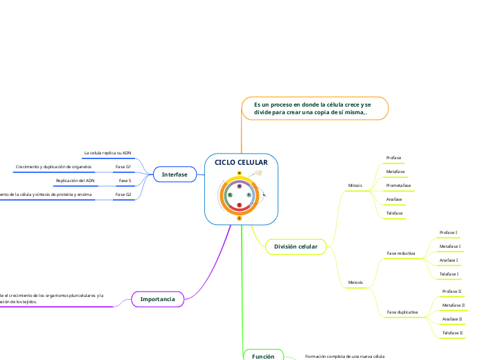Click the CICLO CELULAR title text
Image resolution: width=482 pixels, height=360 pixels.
coord(240,162)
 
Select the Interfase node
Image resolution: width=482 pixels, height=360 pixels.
coord(175,174)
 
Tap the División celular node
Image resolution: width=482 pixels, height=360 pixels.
coord(296,246)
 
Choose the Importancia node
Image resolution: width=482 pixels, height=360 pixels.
coord(157,299)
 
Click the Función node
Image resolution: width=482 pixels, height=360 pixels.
coord(263,356)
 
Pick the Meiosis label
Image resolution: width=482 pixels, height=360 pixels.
coord(355,282)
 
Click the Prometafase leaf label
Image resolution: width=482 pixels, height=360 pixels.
coord(399,186)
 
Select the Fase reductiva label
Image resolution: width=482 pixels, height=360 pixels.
coord(401,253)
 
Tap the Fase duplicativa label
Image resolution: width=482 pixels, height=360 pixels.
coord(402,312)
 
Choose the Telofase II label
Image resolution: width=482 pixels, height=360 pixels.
coord(452,333)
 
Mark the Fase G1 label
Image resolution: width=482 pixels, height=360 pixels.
coord(123,167)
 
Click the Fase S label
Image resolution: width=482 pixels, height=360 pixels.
coord(125,181)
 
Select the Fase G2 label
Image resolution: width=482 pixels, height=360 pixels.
coord(123,195)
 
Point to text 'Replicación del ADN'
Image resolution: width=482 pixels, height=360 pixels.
coord(75,181)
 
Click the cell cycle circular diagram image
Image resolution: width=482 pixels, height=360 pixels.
coord(240,195)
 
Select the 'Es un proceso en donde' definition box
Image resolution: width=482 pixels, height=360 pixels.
coord(314,107)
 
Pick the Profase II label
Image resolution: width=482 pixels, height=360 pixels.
coord(452,291)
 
